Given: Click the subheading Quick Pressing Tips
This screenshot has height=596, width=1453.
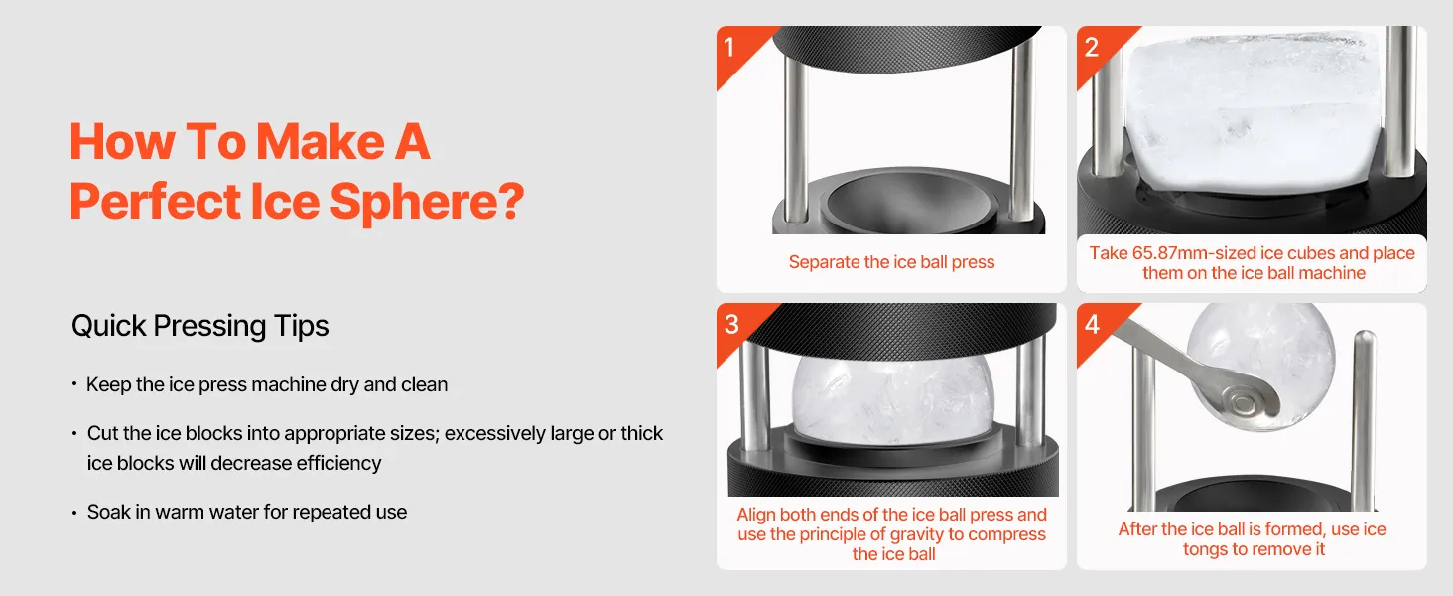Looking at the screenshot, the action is [x=199, y=326].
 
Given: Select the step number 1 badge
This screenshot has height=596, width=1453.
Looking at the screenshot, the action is [x=729, y=47].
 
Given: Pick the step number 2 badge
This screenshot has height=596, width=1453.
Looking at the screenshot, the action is [x=1092, y=47].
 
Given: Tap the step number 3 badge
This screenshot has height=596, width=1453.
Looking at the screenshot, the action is [x=731, y=324].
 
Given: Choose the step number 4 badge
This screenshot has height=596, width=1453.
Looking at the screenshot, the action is [x=1093, y=324].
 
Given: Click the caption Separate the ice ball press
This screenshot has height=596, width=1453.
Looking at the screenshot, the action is [x=891, y=262].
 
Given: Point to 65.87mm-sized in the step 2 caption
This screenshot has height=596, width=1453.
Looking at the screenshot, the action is [x=1201, y=253].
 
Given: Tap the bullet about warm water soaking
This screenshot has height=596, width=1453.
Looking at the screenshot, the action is [x=246, y=513].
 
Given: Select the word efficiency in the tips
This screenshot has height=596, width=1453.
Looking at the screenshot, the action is [x=338, y=464].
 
